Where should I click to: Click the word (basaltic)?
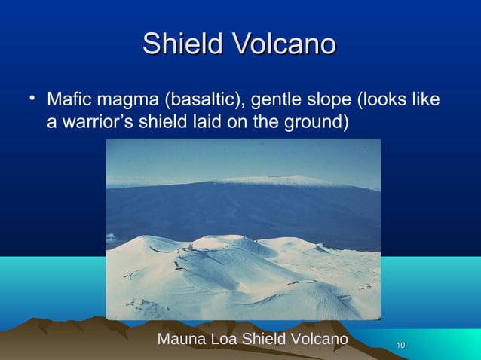208,100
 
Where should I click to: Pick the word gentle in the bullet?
284,100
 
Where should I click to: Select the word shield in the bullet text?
161,121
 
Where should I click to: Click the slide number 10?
401,345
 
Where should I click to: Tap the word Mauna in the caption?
179,340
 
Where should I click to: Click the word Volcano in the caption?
318,340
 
